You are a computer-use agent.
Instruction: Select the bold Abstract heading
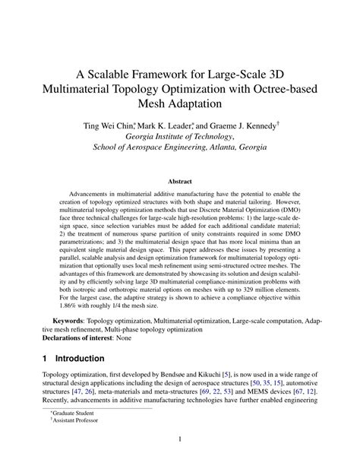click(x=179, y=181)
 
